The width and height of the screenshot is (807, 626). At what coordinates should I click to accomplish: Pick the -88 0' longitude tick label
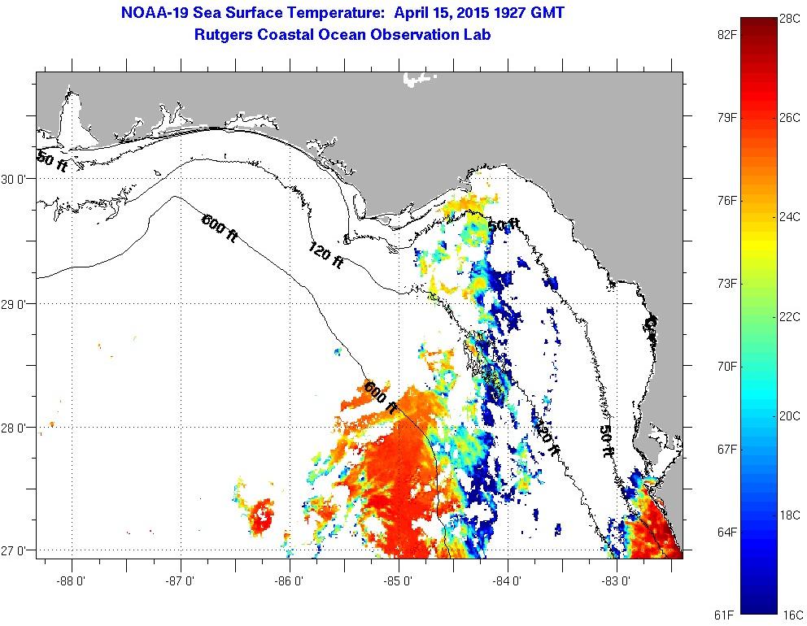coord(72,581)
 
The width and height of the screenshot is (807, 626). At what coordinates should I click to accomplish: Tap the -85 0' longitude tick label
coord(399,581)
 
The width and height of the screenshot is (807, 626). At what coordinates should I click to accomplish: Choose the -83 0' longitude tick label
coord(618,581)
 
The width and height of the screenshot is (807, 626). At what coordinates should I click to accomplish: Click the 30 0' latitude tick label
coord(18,179)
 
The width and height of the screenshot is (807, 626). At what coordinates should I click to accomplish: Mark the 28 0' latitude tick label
coord(18,428)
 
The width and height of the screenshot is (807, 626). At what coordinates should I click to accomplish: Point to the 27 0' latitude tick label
coord(18,551)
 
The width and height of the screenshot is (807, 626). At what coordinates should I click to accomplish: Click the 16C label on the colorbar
coord(789,615)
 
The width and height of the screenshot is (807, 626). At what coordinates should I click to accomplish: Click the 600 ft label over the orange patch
coord(381,397)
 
